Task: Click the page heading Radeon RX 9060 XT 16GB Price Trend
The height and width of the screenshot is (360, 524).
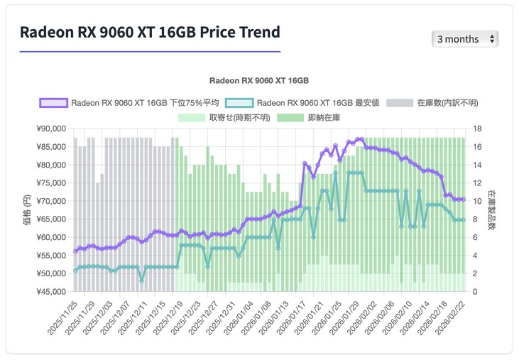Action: click(150, 33)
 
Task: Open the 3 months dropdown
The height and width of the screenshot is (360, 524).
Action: click(464, 39)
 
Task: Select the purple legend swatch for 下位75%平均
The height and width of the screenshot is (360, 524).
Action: click(53, 103)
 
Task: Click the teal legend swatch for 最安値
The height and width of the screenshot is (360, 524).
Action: click(239, 103)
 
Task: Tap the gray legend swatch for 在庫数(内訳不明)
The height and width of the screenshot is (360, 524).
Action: click(400, 103)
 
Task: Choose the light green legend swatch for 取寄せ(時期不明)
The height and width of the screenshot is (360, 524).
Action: click(191, 117)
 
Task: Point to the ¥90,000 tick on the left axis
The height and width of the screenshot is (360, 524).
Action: click(50, 129)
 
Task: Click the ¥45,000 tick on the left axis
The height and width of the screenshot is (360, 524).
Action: click(50, 292)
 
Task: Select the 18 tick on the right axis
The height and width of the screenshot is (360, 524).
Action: click(478, 129)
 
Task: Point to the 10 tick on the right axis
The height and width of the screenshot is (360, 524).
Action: click(478, 202)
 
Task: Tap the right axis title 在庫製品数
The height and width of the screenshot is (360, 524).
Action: click(491, 210)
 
